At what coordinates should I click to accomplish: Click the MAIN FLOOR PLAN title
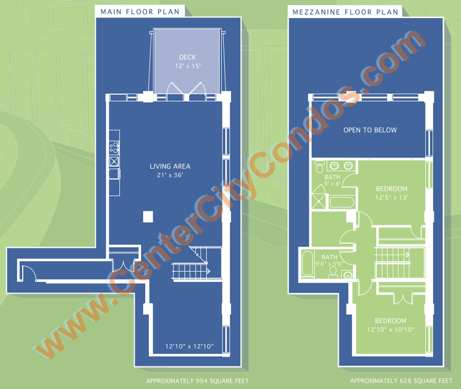pyautogui.click(x=140, y=12)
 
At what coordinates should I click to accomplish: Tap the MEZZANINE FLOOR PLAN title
pyautogui.click(x=346, y=12)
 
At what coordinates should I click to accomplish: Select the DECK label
pyautogui.click(x=188, y=57)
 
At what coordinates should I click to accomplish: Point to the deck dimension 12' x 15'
pyautogui.click(x=188, y=66)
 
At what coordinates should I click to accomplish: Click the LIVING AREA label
pyautogui.click(x=170, y=167)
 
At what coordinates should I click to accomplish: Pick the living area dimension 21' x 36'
pyautogui.click(x=170, y=175)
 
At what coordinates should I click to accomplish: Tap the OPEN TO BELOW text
pyautogui.click(x=370, y=130)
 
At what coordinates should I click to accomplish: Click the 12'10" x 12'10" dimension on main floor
pyautogui.click(x=189, y=346)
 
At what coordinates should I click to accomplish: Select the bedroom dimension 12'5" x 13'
pyautogui.click(x=392, y=197)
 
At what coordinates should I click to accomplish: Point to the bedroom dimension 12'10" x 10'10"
pyautogui.click(x=390, y=329)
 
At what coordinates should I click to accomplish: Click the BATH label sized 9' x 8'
pyautogui.click(x=333, y=177)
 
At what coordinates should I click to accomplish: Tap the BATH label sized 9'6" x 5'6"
pyautogui.click(x=330, y=257)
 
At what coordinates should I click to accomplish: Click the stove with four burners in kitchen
pyautogui.click(x=115, y=147)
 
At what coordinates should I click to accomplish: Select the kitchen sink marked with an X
pyautogui.click(x=114, y=161)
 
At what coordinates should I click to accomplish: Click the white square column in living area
pyautogui.click(x=148, y=217)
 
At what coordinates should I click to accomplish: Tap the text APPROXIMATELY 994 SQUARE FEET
pyautogui.click(x=197, y=381)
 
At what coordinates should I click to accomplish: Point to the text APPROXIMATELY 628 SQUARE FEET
pyautogui.click(x=401, y=381)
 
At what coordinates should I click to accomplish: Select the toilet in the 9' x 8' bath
pyautogui.click(x=319, y=167)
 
